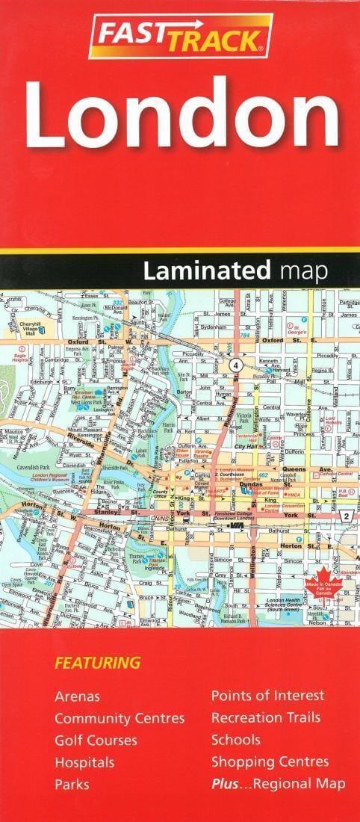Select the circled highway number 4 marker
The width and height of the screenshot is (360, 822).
pyautogui.click(x=237, y=365)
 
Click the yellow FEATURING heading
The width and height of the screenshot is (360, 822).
pyautogui.click(x=97, y=662)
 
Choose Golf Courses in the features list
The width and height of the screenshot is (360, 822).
pyautogui.click(x=96, y=741)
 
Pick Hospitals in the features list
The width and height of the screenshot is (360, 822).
pyautogui.click(x=84, y=763)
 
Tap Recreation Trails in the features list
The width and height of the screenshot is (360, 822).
pyautogui.click(x=265, y=718)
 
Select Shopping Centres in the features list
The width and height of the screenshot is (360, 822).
pyautogui.click(x=270, y=762)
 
